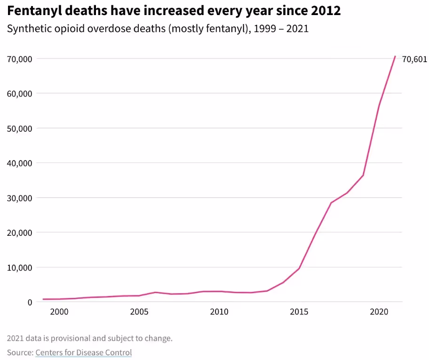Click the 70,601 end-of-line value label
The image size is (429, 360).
pos(414,59)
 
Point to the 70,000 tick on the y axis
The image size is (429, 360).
pos(19,59)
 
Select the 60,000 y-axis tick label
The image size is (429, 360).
pos(19,94)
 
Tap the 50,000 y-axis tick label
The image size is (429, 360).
pos(19,128)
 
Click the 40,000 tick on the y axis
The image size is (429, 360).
pos(19,163)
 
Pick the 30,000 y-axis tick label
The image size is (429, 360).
pos(19,198)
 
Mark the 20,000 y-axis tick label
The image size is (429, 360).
pos(19,233)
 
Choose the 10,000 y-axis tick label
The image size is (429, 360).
pos(19,268)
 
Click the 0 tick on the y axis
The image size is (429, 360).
pos(29,303)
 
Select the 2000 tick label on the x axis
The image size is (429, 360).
pos(59,312)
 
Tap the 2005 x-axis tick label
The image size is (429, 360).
pos(139,312)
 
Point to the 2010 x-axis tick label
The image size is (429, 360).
pos(219,312)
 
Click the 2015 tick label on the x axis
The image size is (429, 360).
pos(299,312)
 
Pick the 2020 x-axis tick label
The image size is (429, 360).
pos(379,312)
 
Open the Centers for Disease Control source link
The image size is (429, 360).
pos(83,352)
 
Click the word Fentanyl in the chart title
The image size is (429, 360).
pos(32,11)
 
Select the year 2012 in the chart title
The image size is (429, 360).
pos(326,11)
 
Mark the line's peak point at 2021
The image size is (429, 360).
pos(395,56)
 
